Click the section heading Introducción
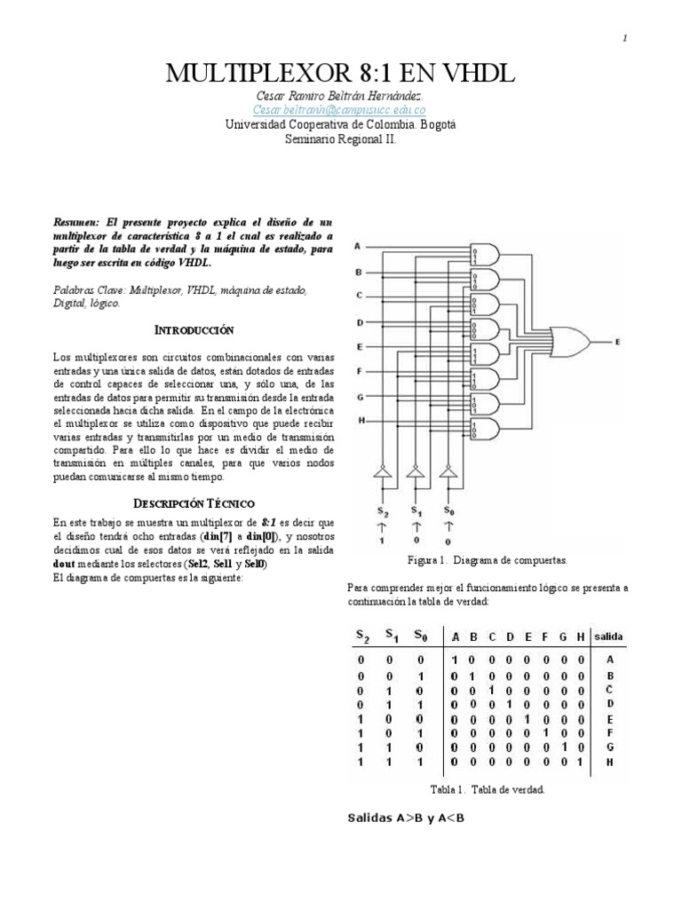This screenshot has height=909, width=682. pos(194,329)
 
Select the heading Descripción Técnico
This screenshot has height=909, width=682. pos(194,502)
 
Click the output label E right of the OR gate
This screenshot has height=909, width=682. pos(619,340)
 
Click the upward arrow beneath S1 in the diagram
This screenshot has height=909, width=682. pos(415,526)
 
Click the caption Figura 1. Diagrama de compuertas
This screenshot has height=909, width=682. pos(487,561)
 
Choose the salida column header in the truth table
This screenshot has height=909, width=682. pos(608,636)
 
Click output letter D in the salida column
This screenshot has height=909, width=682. pos(609,704)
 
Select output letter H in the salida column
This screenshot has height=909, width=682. pos(609,763)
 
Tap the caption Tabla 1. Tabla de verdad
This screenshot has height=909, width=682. pos(487,789)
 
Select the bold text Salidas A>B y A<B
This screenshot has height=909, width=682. pos(404,818)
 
